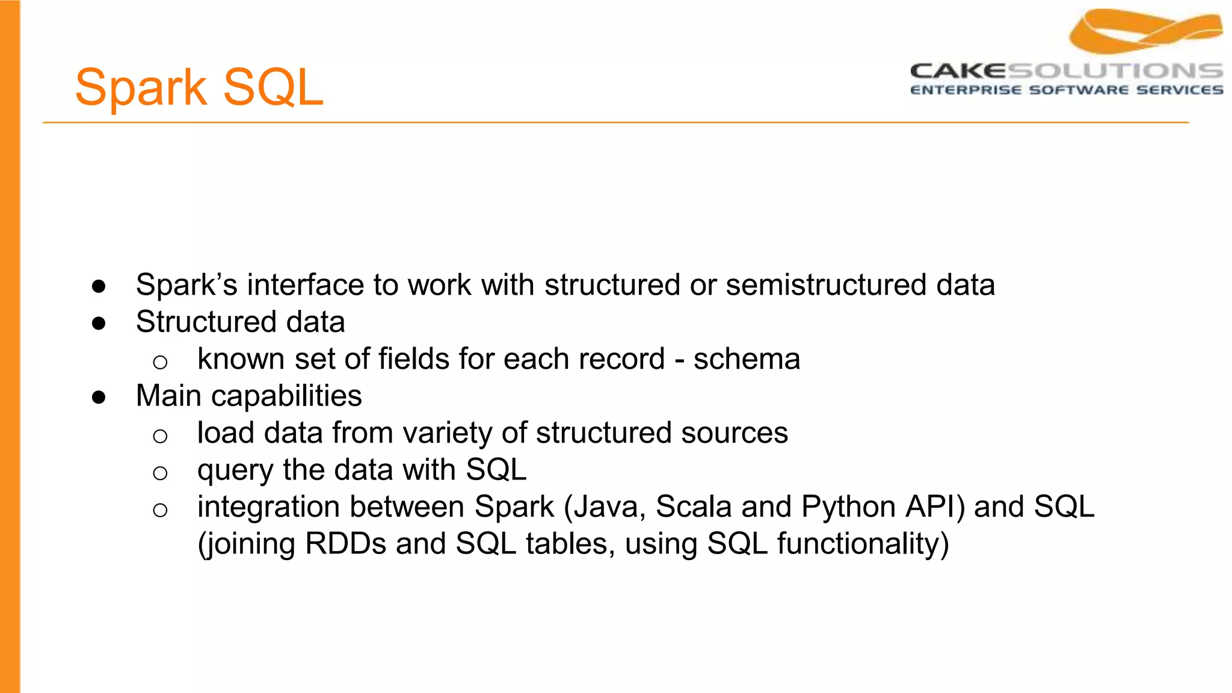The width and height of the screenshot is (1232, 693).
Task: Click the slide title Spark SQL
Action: pyautogui.click(x=199, y=88)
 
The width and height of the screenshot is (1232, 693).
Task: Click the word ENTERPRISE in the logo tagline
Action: pyautogui.click(x=966, y=90)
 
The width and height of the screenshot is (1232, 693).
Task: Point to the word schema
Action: pyautogui.click(x=747, y=359)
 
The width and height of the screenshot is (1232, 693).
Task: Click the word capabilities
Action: pyautogui.click(x=286, y=396)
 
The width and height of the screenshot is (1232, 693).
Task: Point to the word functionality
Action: pyautogui.click(x=863, y=544)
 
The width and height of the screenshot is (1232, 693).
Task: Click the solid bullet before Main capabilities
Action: pyautogui.click(x=99, y=397)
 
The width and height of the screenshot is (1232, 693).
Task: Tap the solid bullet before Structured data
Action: pyautogui.click(x=99, y=324)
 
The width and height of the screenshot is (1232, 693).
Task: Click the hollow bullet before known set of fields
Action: pyautogui.click(x=160, y=362)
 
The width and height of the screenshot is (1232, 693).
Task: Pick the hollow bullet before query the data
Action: pyautogui.click(x=160, y=473)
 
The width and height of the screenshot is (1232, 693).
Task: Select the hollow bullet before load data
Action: pyautogui.click(x=160, y=436)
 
